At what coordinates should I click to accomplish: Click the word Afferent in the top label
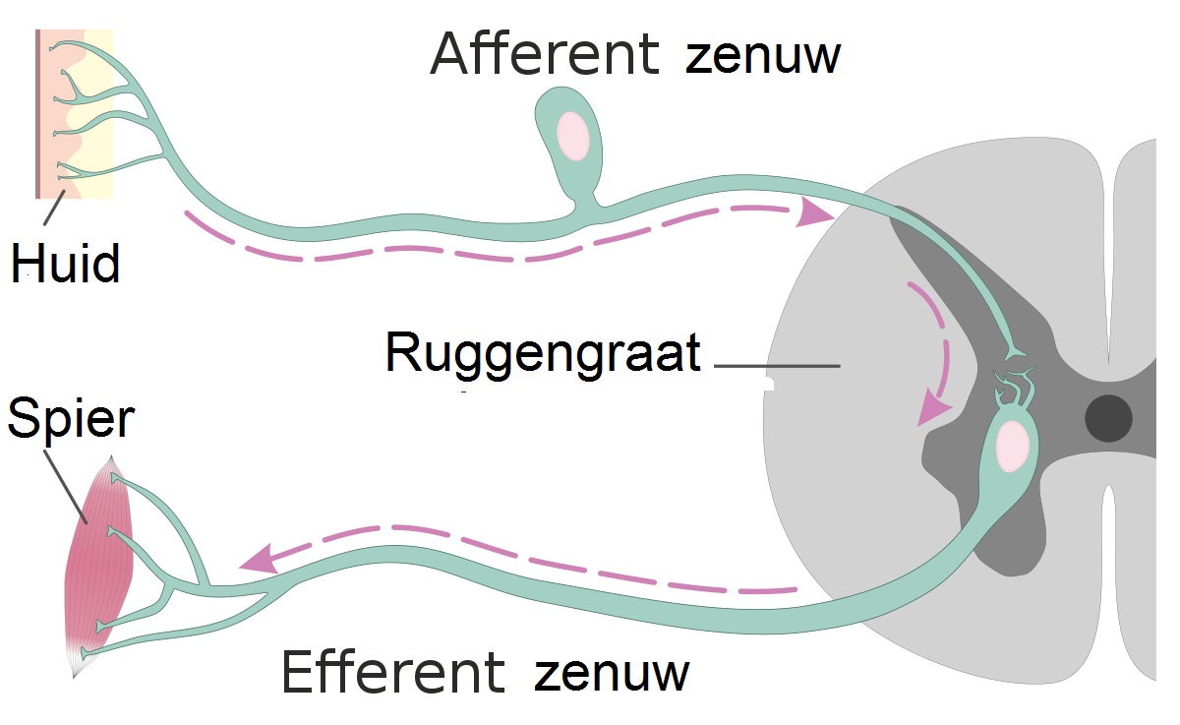pyautogui.click(x=544, y=54)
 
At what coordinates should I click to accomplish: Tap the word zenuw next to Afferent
pyautogui.click(x=763, y=57)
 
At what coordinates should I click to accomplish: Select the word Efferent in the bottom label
pyautogui.click(x=392, y=673)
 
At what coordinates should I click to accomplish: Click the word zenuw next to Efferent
pyautogui.click(x=612, y=675)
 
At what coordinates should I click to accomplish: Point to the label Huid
pyautogui.click(x=66, y=264)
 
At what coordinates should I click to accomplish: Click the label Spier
pyautogui.click(x=70, y=420)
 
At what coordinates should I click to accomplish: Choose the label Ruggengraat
pyautogui.click(x=543, y=353)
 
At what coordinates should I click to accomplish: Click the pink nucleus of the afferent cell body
pyautogui.click(x=573, y=135)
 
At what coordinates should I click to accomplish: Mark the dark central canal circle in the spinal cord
pyautogui.click(x=1108, y=418)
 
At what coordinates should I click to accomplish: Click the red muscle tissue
pyautogui.click(x=100, y=556)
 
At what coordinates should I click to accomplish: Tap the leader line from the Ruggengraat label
pyautogui.click(x=777, y=366)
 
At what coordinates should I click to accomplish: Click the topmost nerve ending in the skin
pyautogui.click(x=61, y=46)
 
